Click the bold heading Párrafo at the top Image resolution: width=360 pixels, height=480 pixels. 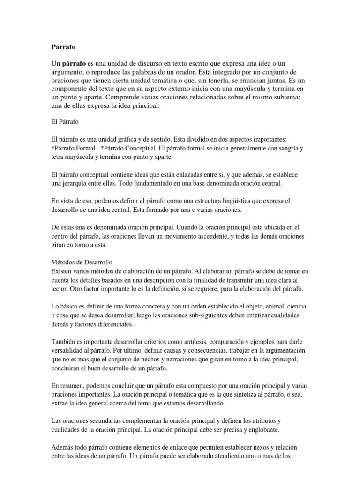62,47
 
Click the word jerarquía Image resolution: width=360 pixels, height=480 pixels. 78,183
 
